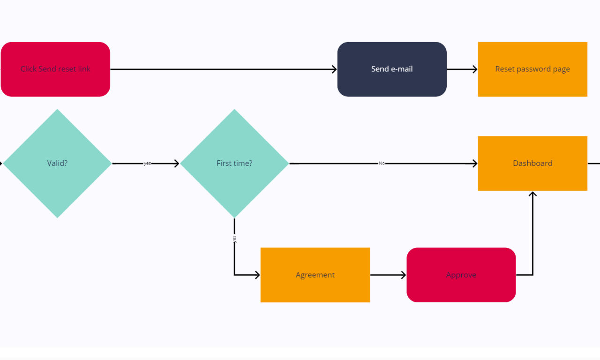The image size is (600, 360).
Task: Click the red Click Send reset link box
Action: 55,69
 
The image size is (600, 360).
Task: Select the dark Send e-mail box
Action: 392,69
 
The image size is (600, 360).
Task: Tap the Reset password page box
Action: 532,69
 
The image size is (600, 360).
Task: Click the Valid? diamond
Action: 57,163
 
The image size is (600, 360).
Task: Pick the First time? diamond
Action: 234,163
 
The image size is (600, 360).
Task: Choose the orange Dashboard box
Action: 532,163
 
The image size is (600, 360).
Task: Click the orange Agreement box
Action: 315,275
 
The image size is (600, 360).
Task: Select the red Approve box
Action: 461,275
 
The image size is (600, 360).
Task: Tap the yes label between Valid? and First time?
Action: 147,164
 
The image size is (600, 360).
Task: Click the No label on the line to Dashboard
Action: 382,164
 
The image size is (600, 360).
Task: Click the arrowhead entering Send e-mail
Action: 334,69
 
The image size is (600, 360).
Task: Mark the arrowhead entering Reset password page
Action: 475,69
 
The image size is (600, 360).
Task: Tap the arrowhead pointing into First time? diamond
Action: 177,164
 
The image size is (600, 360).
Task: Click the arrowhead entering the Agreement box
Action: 257,275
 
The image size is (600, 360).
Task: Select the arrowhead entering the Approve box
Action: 404,275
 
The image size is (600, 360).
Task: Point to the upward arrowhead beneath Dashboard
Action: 532,194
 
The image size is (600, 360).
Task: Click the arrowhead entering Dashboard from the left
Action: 474,164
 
